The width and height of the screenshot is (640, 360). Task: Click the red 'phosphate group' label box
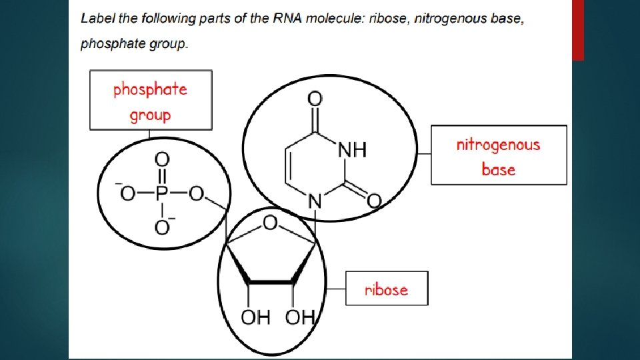click(151, 100)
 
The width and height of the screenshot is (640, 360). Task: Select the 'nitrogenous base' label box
click(499, 155)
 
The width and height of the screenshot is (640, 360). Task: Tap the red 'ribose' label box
click(386, 289)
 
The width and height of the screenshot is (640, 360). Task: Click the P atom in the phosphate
click(161, 193)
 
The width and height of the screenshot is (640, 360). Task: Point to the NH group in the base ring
click(353, 150)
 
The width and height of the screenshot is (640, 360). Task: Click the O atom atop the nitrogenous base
click(315, 99)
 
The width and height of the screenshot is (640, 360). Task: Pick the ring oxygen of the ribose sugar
click(271, 223)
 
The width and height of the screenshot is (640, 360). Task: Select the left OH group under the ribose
click(255, 317)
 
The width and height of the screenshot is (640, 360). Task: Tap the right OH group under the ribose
click(299, 317)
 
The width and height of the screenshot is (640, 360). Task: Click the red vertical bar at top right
click(578, 30)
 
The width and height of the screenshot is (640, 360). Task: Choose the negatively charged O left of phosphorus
click(126, 193)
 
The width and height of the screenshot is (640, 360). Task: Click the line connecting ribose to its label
click(335, 289)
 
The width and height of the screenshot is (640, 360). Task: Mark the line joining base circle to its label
click(424, 154)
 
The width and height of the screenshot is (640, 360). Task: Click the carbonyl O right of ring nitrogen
click(374, 200)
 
